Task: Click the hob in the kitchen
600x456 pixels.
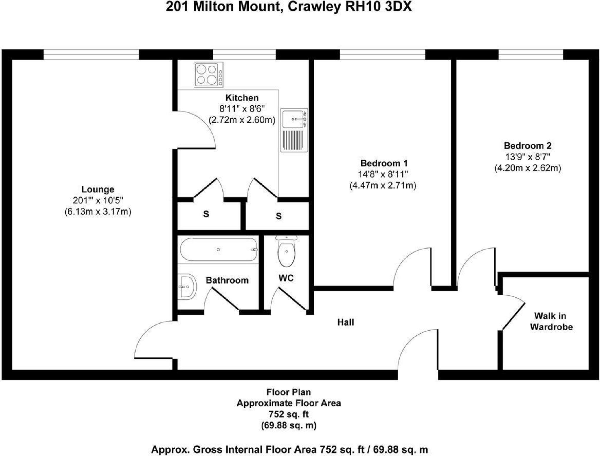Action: [x=208, y=75]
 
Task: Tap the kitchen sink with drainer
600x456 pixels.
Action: [x=294, y=130]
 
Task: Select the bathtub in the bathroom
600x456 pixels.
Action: [x=219, y=250]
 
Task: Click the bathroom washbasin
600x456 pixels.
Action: [x=186, y=287]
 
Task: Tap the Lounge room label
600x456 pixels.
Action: [x=98, y=189]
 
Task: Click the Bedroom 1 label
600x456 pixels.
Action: [x=383, y=163]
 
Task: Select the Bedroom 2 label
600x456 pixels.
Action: [x=527, y=146]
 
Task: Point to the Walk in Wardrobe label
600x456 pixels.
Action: [x=551, y=321]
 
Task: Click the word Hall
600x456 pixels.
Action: [x=346, y=322]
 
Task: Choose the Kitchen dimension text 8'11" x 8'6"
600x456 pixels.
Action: [x=242, y=109]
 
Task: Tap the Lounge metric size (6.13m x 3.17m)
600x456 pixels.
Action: [x=98, y=211]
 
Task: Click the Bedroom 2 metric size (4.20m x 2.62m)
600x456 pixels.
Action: [x=528, y=168]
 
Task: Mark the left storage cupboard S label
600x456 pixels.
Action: [x=206, y=214]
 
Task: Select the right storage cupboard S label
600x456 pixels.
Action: [x=279, y=216]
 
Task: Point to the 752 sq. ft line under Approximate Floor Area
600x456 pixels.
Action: [x=289, y=414]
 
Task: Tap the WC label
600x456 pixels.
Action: [x=286, y=278]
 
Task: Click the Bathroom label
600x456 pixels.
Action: [x=227, y=280]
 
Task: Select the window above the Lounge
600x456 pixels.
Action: [x=91, y=54]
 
